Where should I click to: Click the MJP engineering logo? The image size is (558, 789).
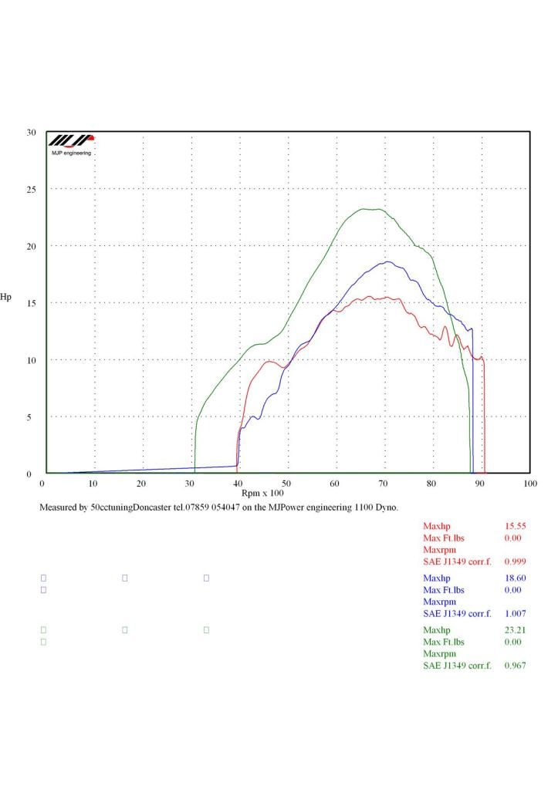71,144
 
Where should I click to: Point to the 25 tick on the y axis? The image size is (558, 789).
31,190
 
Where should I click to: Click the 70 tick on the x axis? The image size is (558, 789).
384,484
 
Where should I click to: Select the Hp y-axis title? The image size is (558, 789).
6,296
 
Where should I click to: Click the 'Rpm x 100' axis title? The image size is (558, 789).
262,493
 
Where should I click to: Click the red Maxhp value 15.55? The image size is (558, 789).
514,526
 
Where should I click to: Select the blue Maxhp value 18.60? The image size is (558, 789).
514,578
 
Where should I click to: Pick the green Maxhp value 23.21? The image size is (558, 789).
514,630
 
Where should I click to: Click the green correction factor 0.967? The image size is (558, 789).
514,666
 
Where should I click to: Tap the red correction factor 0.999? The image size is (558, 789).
514,561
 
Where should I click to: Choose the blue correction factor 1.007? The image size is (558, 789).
514,613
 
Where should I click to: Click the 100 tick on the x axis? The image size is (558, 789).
529,484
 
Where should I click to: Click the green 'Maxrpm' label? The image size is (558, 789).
440,654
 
